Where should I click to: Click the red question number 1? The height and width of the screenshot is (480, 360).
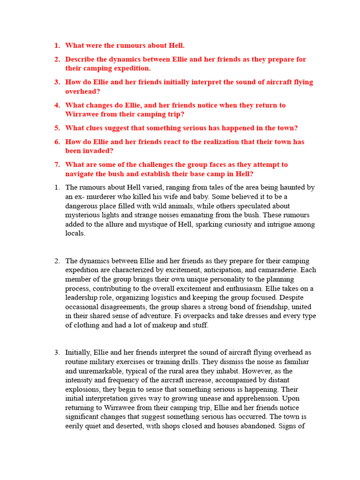click(x=57, y=46)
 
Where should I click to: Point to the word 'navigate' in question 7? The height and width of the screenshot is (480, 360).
click(x=81, y=174)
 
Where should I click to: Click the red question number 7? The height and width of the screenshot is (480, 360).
click(x=57, y=165)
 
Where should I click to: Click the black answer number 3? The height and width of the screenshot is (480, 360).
click(x=57, y=352)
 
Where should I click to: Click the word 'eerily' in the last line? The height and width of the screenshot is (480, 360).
click(x=75, y=426)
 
